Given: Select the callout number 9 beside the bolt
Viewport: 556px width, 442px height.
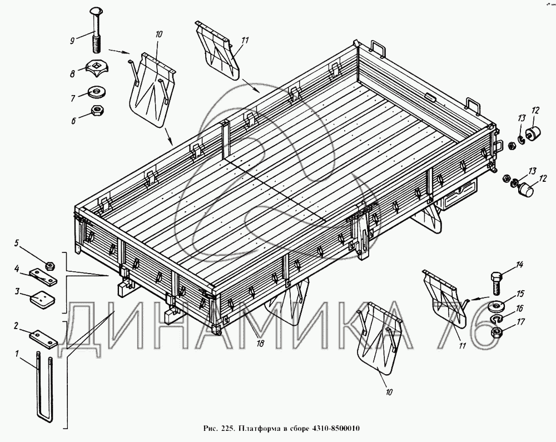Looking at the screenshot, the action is [72, 41].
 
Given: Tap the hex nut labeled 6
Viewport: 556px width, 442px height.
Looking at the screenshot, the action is [97, 111].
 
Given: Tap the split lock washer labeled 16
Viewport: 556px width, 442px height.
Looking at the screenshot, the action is [497, 320].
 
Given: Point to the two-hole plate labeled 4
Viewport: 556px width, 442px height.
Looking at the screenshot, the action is [44, 277].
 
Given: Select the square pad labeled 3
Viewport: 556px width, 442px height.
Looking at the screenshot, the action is [42, 298].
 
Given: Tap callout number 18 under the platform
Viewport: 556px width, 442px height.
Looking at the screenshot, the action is [260, 344].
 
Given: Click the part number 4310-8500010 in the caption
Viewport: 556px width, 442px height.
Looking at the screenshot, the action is [335, 429].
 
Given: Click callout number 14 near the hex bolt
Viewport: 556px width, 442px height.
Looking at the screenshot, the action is [519, 265].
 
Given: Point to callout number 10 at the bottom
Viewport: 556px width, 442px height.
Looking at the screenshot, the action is [389, 393].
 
